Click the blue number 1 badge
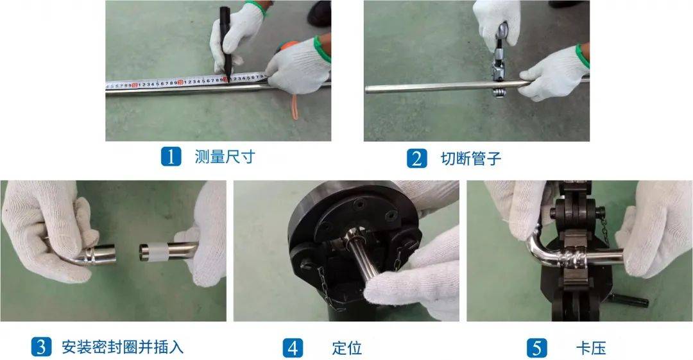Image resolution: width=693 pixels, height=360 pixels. click(171, 157)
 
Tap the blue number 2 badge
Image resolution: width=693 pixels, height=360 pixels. click(417, 159)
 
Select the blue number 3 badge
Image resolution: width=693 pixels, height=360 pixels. click(41, 347)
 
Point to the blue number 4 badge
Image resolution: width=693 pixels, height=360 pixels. click(293, 348)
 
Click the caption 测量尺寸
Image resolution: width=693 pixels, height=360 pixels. click(225, 157)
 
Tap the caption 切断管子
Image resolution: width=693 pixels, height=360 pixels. click(471, 159)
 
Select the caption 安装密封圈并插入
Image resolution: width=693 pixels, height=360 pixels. click(123, 347)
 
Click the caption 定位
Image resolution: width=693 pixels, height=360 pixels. click(347, 348)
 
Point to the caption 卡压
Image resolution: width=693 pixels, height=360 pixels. click(591, 348)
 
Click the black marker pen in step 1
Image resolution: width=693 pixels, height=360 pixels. click(227, 42)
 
